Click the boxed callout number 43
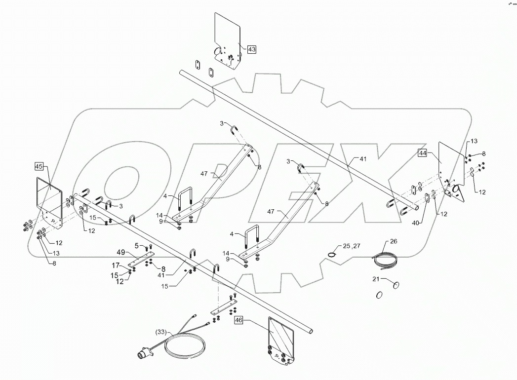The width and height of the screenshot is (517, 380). tap(251, 49)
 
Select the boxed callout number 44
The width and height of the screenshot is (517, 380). tap(422, 153)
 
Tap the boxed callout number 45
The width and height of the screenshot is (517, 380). tap(40, 166)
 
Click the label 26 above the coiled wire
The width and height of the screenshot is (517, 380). tap(393, 242)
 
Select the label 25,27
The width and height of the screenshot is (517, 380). tap(352, 245)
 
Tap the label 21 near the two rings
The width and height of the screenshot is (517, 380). tap(376, 279)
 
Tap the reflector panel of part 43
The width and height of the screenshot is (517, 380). tap(227, 30)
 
